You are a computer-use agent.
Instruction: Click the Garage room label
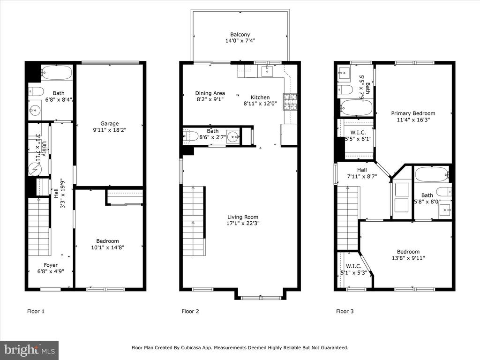click(x=110, y=123)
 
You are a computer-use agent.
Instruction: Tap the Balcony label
click(x=240, y=35)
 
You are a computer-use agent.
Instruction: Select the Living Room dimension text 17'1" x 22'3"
click(x=243, y=223)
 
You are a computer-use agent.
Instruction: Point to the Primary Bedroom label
click(x=413, y=113)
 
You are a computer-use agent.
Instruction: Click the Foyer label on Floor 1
click(x=51, y=265)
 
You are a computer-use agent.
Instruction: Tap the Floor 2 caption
click(x=190, y=311)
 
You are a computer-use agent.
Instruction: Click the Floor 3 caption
click(x=345, y=311)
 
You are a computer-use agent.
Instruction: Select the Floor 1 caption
click(x=36, y=311)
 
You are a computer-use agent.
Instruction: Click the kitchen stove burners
click(x=290, y=102)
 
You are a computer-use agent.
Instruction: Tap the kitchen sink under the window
click(x=267, y=71)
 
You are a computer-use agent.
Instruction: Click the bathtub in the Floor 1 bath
click(x=56, y=73)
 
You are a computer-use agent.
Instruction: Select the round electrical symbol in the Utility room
click(x=34, y=169)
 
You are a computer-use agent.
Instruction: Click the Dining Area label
click(x=210, y=93)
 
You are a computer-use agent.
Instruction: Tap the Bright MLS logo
click(x=30, y=350)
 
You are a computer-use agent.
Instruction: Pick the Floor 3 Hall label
click(x=362, y=170)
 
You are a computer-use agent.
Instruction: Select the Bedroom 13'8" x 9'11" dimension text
click(x=408, y=258)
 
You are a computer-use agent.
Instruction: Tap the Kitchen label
click(x=260, y=97)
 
